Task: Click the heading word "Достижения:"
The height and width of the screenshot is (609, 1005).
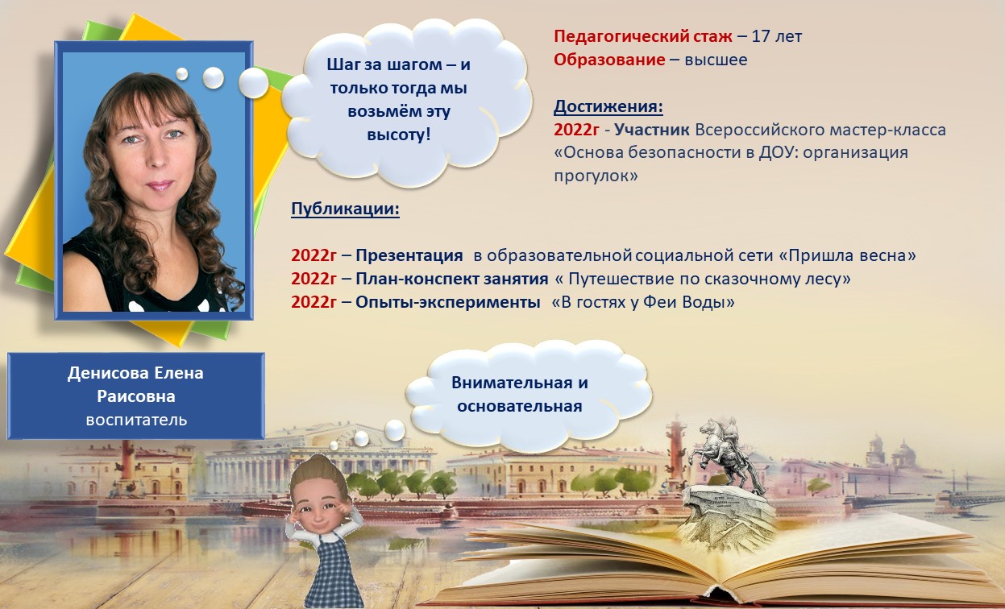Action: coord(608,106)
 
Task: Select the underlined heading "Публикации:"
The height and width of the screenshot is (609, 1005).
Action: coord(345,210)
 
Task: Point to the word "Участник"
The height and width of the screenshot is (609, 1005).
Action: coord(651,130)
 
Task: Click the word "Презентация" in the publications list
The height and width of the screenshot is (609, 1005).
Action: coord(409,256)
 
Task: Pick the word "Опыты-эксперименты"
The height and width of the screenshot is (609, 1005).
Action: coord(448,303)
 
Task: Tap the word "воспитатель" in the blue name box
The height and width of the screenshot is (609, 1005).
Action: coord(136,420)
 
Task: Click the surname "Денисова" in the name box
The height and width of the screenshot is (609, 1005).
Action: coord(106,374)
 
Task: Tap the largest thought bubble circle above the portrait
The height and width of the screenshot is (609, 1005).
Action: coord(254,82)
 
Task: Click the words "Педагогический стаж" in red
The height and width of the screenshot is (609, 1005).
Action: coord(642,36)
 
